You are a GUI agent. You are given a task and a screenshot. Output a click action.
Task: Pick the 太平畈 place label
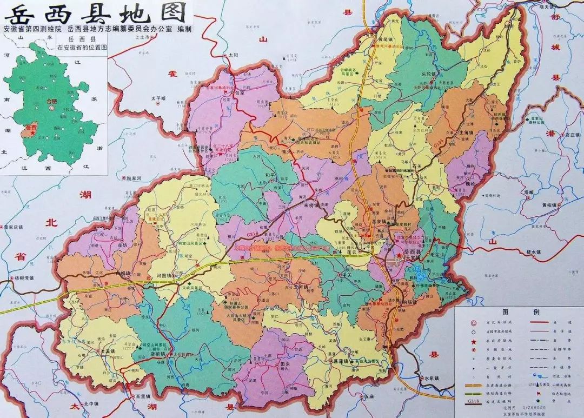tap(160, 98)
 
